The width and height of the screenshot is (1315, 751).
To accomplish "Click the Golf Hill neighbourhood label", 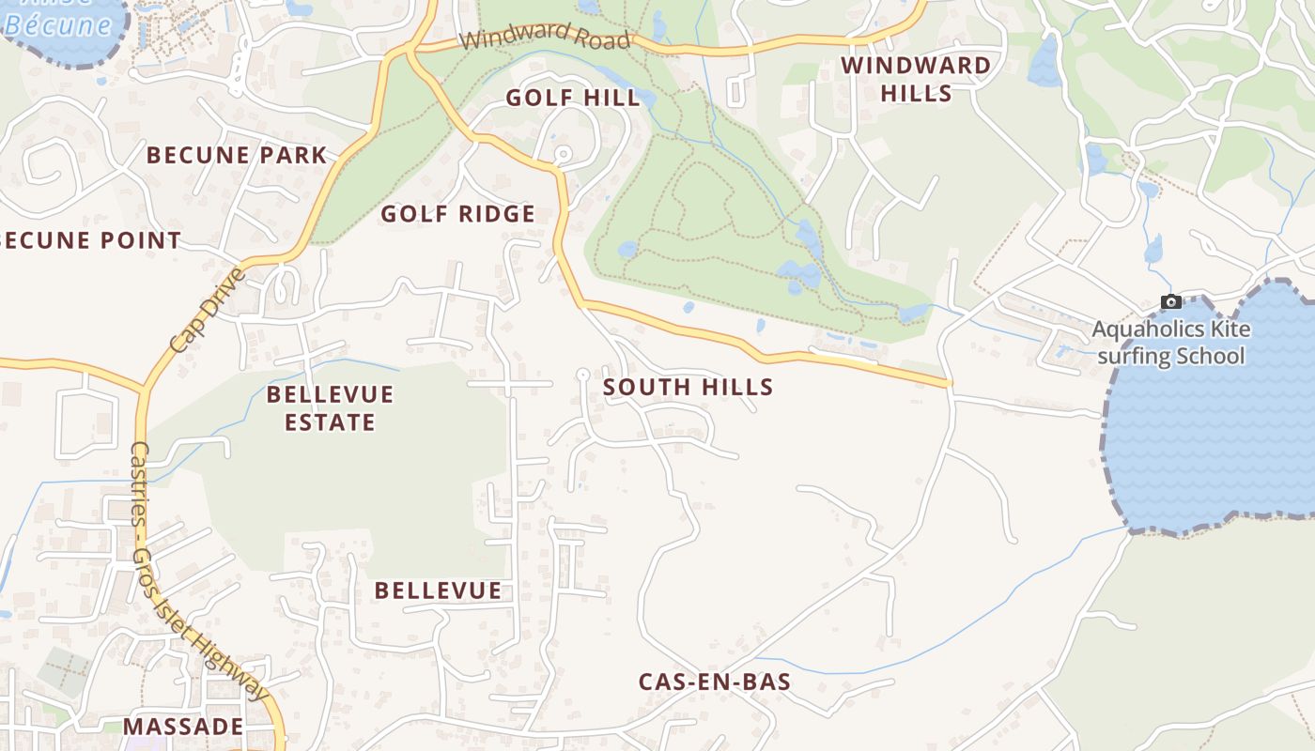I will (x=573, y=98).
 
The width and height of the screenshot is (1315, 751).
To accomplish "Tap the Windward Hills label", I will (x=916, y=79).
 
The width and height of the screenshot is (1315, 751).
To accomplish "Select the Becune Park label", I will (x=237, y=155).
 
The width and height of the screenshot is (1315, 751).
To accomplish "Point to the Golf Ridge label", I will (x=457, y=214).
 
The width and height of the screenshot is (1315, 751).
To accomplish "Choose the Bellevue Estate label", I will (x=330, y=407).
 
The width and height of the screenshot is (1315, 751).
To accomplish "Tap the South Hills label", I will (x=688, y=387).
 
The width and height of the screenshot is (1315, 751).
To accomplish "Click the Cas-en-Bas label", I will (x=714, y=682).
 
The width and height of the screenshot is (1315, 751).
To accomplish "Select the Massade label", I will (x=183, y=727).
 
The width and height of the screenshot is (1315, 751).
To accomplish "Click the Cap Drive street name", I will (x=208, y=310).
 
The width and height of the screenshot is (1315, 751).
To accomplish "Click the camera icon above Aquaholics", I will (x=1171, y=302).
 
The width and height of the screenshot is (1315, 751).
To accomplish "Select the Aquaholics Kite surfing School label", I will (x=1171, y=343).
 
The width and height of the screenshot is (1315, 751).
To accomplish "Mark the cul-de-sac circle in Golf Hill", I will (x=563, y=153).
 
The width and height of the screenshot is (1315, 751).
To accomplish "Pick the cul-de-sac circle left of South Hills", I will (x=582, y=375).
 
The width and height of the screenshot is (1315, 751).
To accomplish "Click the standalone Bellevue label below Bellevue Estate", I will (x=438, y=590).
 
